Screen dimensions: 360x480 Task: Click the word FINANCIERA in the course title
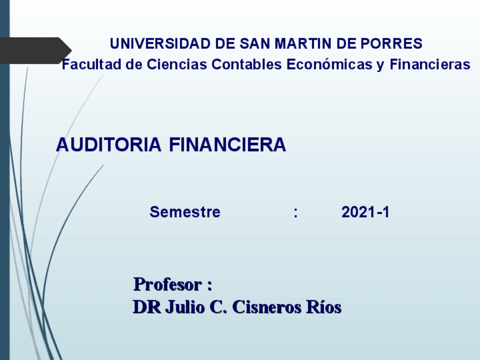point(228,145)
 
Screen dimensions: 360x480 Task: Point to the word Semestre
point(185,213)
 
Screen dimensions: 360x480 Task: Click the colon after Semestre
point(295,213)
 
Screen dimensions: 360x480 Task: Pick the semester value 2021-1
point(366,213)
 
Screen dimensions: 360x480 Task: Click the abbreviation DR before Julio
point(145,307)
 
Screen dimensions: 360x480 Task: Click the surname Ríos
point(323,307)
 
